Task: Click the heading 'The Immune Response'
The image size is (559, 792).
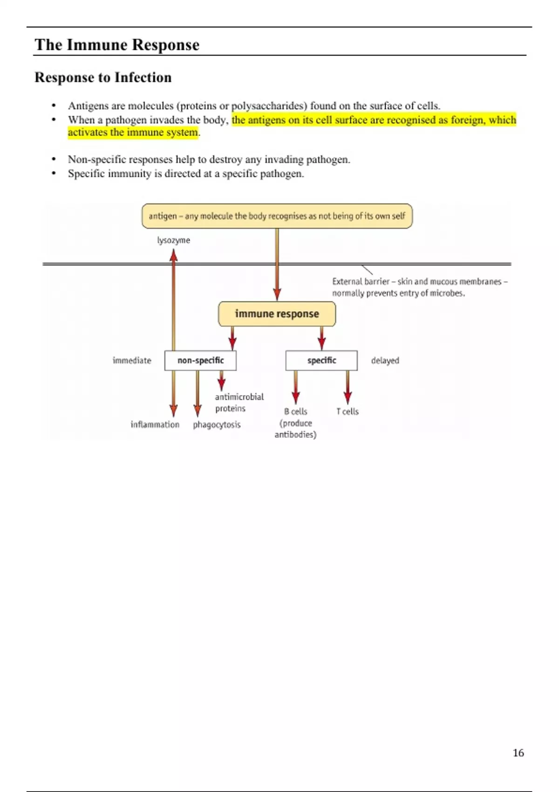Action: [x=117, y=45]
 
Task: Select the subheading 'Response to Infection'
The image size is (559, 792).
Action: [x=103, y=77]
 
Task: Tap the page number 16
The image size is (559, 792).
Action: [x=518, y=752]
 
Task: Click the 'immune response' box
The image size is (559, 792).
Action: [x=277, y=314]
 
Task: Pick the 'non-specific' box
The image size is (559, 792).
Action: [x=200, y=361]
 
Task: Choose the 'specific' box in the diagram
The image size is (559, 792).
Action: [x=321, y=361]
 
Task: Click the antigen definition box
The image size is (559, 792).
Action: [x=277, y=216]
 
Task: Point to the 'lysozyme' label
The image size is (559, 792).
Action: [x=173, y=240]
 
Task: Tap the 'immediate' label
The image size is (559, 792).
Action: [x=132, y=361]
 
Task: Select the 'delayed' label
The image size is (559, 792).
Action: [x=385, y=361]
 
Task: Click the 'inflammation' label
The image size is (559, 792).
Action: [x=155, y=424]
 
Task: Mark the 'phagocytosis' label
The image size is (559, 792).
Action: [x=217, y=424]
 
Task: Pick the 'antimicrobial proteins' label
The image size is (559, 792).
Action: [x=239, y=403]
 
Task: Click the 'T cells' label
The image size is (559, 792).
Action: [x=348, y=411]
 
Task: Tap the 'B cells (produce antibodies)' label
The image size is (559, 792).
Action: [x=295, y=423]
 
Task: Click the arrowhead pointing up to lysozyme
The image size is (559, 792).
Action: [x=173, y=255]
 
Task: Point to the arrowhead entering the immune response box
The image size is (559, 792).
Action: [x=277, y=295]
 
